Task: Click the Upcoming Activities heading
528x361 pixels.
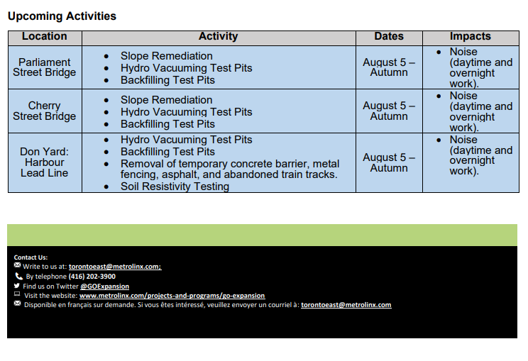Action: (x=62, y=16)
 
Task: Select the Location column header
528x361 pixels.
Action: (x=44, y=37)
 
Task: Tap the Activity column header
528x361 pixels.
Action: (x=218, y=37)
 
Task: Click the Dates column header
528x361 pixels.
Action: (x=389, y=37)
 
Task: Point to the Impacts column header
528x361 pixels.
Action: (x=470, y=37)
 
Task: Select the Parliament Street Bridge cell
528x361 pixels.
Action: (x=44, y=67)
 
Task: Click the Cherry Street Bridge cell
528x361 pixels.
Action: (x=44, y=111)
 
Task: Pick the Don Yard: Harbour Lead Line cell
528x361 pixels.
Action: (x=44, y=162)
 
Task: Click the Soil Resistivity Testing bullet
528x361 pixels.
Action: (x=175, y=187)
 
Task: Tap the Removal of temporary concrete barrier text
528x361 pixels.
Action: (x=230, y=164)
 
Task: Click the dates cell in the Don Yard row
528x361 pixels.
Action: (x=389, y=162)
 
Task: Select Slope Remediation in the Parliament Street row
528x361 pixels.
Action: (x=166, y=56)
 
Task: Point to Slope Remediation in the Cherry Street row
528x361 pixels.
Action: (x=166, y=100)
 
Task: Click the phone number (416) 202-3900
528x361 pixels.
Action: (x=92, y=277)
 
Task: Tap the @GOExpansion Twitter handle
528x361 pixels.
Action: (x=104, y=287)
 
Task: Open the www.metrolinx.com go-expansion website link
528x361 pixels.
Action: (x=172, y=296)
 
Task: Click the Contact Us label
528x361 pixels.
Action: (x=31, y=257)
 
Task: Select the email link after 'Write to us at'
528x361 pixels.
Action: (x=115, y=267)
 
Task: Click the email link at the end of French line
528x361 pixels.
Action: (x=346, y=305)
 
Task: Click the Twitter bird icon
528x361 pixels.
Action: (x=17, y=286)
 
